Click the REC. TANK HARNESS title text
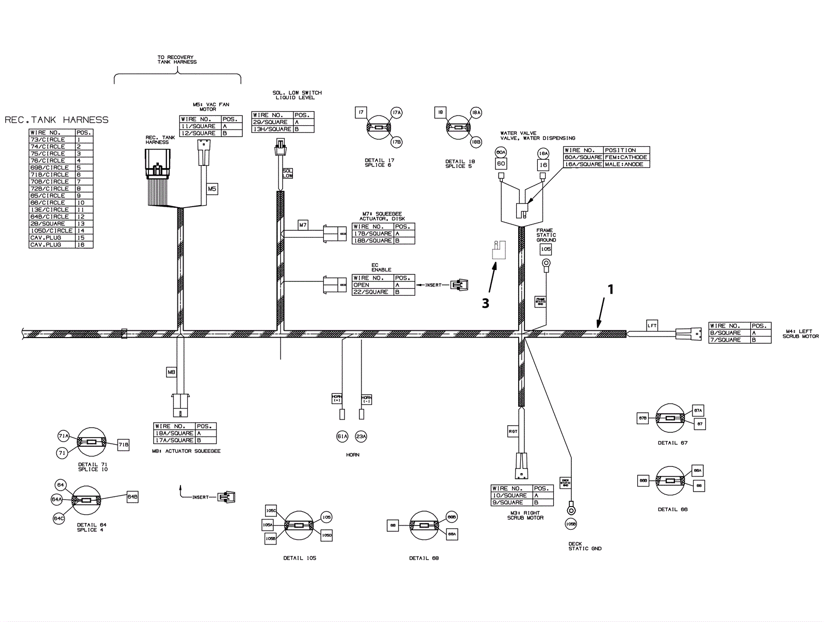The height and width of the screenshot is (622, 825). pyautogui.click(x=57, y=120)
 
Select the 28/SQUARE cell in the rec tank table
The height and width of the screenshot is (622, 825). pyautogui.click(x=48, y=224)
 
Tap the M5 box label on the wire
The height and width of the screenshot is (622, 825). pyautogui.click(x=212, y=189)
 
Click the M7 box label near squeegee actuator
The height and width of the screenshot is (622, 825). pyautogui.click(x=303, y=225)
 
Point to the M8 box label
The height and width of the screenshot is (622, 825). pyautogui.click(x=172, y=372)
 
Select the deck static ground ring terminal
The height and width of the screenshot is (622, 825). pyautogui.click(x=571, y=510)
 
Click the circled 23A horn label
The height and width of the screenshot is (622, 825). pyautogui.click(x=361, y=436)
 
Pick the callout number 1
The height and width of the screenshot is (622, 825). pyautogui.click(x=610, y=290)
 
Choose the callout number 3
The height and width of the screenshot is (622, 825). pyautogui.click(x=485, y=304)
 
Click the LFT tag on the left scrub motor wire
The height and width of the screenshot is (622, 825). pyautogui.click(x=652, y=325)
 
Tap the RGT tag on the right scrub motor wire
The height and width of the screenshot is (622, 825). pyautogui.click(x=513, y=432)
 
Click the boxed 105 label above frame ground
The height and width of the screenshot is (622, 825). pyautogui.click(x=546, y=249)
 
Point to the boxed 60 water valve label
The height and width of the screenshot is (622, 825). pyautogui.click(x=501, y=164)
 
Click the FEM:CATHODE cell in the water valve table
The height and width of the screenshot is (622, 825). pyautogui.click(x=626, y=157)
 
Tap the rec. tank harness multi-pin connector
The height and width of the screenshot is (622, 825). pyautogui.click(x=158, y=165)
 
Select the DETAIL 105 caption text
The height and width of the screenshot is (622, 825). pyautogui.click(x=300, y=558)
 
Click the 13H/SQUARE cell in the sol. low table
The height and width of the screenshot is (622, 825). pyautogui.click(x=272, y=129)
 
